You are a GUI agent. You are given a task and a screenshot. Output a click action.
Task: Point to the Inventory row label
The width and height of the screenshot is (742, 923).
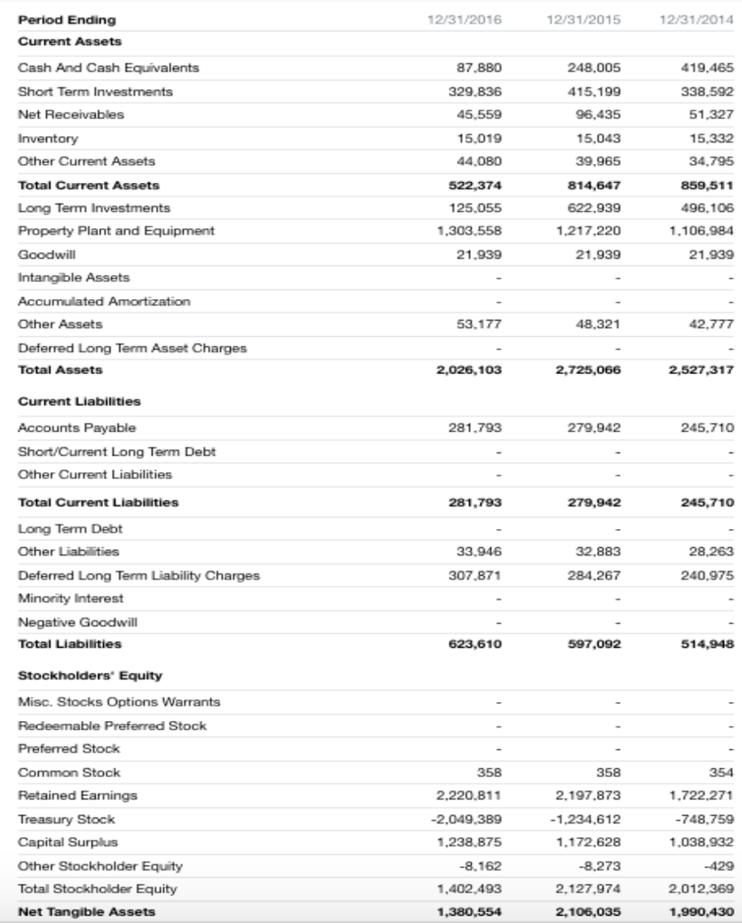pos(48,138)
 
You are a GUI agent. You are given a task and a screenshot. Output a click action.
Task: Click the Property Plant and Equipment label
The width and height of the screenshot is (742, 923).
pos(116,231)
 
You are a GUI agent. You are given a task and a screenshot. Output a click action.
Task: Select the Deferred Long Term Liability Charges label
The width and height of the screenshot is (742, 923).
pos(139,575)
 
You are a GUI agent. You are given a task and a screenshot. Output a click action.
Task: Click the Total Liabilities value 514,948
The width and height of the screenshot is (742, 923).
pos(706,644)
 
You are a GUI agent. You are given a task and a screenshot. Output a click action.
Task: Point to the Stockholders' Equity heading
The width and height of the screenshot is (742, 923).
pos(90,675)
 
